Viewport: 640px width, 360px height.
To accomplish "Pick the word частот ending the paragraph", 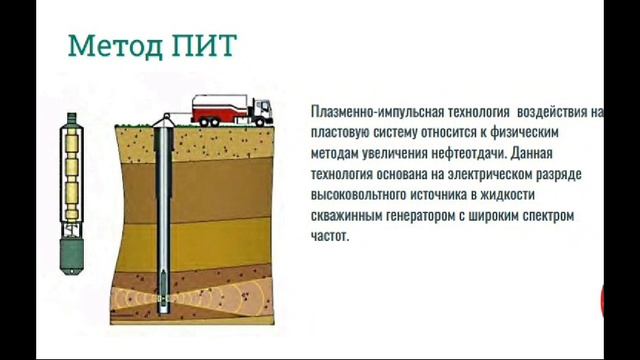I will click(329, 238).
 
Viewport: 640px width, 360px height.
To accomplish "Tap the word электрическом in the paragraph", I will click(473, 176).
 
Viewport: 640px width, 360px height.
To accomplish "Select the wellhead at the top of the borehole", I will click(164, 123).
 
